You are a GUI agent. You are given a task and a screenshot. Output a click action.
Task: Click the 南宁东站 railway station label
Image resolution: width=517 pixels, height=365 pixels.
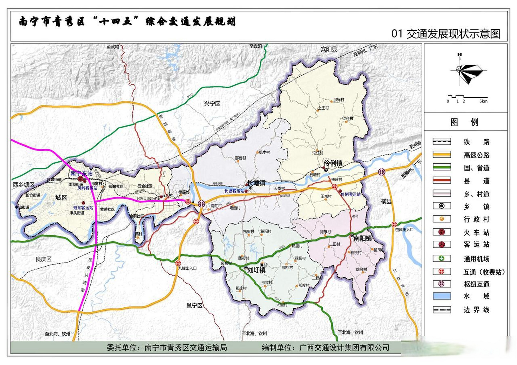pyautogui.click(x=81, y=173)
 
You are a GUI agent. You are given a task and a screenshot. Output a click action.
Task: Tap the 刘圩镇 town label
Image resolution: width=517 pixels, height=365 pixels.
pyautogui.click(x=256, y=270)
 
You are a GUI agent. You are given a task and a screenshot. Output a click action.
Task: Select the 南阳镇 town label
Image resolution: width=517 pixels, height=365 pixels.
pyautogui.click(x=362, y=238)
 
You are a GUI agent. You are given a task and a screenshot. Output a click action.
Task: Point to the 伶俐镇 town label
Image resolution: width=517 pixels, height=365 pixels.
pyautogui.click(x=333, y=163)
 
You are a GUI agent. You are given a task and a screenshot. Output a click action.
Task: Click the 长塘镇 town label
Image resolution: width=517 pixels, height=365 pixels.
pyautogui.click(x=256, y=183)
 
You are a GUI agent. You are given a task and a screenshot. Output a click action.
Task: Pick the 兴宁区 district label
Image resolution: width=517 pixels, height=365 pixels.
pyautogui.click(x=212, y=104)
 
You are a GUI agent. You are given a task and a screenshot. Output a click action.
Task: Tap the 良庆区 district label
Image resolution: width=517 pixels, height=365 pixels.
pyautogui.click(x=43, y=259)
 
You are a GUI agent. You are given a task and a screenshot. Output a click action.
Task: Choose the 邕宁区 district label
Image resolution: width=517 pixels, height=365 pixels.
pyautogui.click(x=194, y=305)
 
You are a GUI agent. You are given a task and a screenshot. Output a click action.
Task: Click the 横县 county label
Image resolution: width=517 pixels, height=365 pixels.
pyautogui.click(x=386, y=201)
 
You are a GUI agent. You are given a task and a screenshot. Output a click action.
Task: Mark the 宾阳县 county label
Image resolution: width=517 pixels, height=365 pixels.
pyautogui.click(x=329, y=49)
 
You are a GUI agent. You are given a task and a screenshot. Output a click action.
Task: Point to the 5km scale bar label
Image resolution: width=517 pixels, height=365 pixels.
pyautogui.click(x=483, y=101)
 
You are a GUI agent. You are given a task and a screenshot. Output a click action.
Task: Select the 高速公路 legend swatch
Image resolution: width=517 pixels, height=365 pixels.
pyautogui.click(x=442, y=155)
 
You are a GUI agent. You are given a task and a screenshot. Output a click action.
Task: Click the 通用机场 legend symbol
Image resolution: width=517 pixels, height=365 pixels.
pyautogui.click(x=442, y=258)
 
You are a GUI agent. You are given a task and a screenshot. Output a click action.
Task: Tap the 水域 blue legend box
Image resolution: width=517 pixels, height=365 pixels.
pyautogui.click(x=442, y=296)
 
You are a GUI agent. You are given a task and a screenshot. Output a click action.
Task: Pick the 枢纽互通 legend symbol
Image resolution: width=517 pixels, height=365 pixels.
pyautogui.click(x=442, y=284)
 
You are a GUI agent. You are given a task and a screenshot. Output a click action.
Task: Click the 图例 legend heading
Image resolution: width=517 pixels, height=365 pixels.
pyautogui.click(x=464, y=122)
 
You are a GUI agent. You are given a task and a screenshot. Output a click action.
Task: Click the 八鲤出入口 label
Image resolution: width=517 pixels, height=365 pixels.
pyautogui.click(x=187, y=268)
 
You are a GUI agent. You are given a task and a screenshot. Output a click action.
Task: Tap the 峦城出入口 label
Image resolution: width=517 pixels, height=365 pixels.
pyautogui.click(x=404, y=230)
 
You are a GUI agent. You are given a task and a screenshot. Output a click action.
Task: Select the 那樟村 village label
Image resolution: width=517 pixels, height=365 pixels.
pyautogui.click(x=338, y=100)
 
